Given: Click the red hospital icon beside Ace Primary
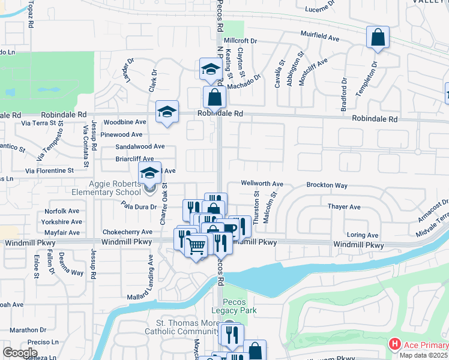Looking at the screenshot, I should (394, 344).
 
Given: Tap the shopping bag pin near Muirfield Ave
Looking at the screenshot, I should (378, 38).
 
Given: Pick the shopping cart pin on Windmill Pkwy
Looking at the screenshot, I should (196, 245).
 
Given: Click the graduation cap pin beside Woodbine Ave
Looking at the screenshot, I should (167, 112).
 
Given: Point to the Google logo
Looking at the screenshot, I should (20, 353).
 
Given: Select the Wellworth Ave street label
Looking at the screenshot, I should (262, 184).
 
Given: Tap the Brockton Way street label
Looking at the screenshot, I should (327, 185).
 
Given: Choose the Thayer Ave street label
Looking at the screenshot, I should (344, 207).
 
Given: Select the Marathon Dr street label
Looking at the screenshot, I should (24, 329).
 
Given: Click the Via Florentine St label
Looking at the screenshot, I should (49, 170).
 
